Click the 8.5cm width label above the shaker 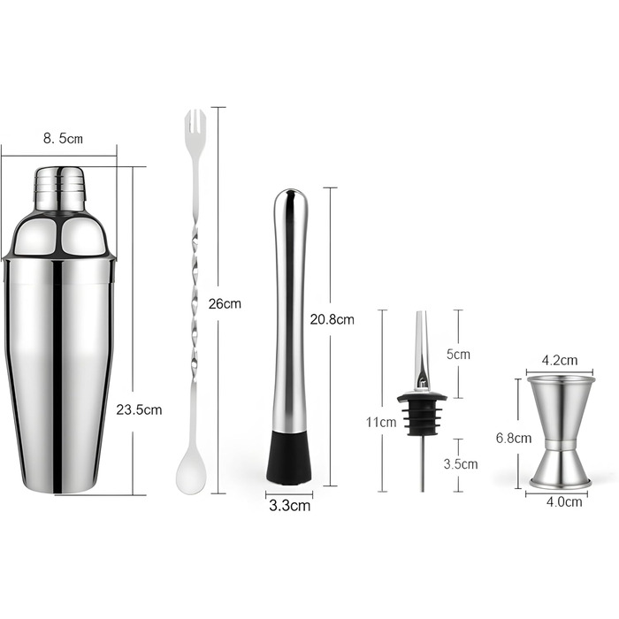(63, 138)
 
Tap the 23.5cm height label (139, 409)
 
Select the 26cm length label (225, 303)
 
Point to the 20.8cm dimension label (332, 319)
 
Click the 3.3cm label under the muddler (290, 505)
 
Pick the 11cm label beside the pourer (381, 422)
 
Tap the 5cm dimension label (458, 354)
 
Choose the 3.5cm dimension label (461, 464)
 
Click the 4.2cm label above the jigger (560, 360)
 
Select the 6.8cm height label (514, 438)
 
